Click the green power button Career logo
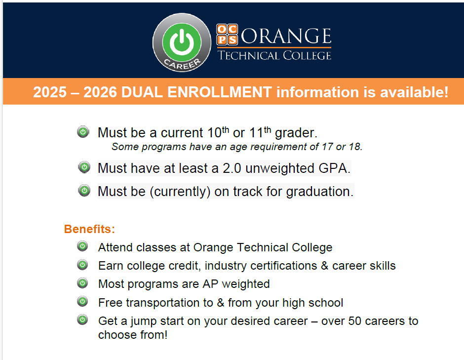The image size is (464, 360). point(182,42)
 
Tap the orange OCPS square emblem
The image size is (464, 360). point(227,35)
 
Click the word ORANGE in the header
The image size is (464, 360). point(286,36)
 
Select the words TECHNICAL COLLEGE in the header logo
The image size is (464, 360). point(274,55)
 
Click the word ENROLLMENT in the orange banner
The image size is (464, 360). point(220,92)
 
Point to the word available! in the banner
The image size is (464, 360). point(414,92)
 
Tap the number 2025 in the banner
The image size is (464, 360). point(50,92)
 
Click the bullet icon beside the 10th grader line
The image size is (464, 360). point(83,132)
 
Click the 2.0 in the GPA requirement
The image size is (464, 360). point(232,168)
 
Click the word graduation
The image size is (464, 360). point(319,192)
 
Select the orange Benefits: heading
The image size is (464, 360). point(90,229)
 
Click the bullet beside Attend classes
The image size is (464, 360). point(82,246)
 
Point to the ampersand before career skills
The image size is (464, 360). point(325,266)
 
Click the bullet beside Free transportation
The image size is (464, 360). point(82,301)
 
